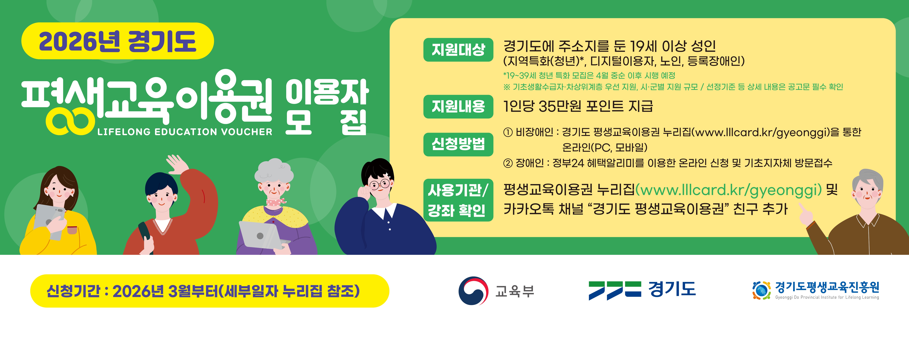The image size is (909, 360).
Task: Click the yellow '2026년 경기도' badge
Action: pos(118,41)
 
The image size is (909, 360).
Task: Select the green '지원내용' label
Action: pos(458,106)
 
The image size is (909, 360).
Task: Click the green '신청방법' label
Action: pos(458,144)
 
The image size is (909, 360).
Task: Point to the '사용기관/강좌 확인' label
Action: pos(458,200)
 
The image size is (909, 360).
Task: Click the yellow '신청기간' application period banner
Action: pos(210,291)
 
